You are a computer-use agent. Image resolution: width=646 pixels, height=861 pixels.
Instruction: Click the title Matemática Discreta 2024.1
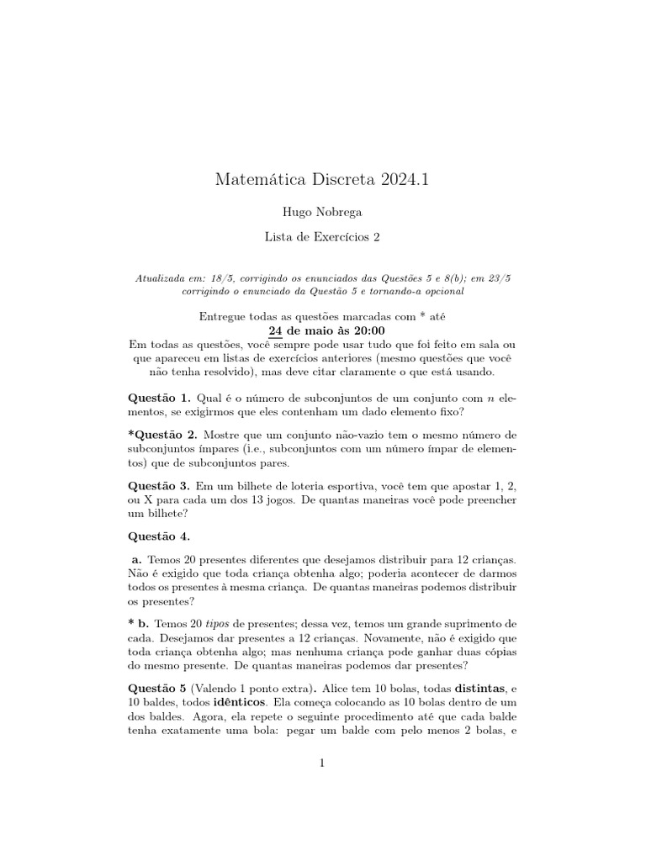322,179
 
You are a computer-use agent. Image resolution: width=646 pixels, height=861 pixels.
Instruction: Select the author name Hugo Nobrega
322,213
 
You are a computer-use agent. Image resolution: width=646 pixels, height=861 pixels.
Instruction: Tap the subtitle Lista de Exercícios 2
322,237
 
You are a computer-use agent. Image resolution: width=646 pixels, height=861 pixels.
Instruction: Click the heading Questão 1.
160,396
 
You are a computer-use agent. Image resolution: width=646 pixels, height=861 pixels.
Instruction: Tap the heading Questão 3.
160,486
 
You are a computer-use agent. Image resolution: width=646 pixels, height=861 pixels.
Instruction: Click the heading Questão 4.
159,536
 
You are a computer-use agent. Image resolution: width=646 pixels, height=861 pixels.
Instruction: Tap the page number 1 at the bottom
321,763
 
